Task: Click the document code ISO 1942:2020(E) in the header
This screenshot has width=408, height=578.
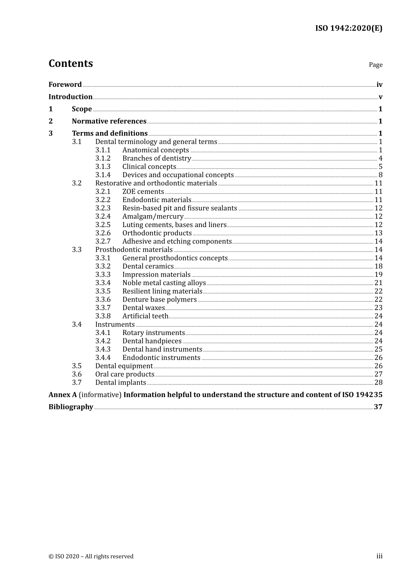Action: point(349,28)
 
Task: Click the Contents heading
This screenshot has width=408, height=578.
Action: point(71,64)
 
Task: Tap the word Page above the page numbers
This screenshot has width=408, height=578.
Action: point(375,65)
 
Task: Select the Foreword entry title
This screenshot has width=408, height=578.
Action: point(65,85)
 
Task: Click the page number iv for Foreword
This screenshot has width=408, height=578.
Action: point(379,85)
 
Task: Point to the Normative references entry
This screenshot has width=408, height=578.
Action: point(109,121)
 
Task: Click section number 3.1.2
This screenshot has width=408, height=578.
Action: point(103,158)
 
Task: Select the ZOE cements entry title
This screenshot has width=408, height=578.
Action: point(143,191)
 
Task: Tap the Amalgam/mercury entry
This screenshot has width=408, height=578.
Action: point(153,216)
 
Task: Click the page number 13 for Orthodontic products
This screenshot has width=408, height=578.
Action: point(378,233)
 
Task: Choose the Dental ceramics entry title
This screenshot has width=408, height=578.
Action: point(148,266)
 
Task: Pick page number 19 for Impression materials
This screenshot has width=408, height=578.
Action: point(378,274)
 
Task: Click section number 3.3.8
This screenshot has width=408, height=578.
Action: point(103,316)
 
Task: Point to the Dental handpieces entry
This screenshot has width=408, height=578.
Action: point(152,341)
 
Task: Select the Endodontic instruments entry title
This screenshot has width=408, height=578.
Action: point(161,358)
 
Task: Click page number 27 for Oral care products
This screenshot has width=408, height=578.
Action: point(378,374)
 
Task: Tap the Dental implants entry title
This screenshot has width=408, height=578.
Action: point(121,383)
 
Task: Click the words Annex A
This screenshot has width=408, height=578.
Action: point(62,395)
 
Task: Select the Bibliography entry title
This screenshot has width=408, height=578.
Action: point(71,407)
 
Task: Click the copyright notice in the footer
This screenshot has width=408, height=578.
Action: point(91,556)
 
